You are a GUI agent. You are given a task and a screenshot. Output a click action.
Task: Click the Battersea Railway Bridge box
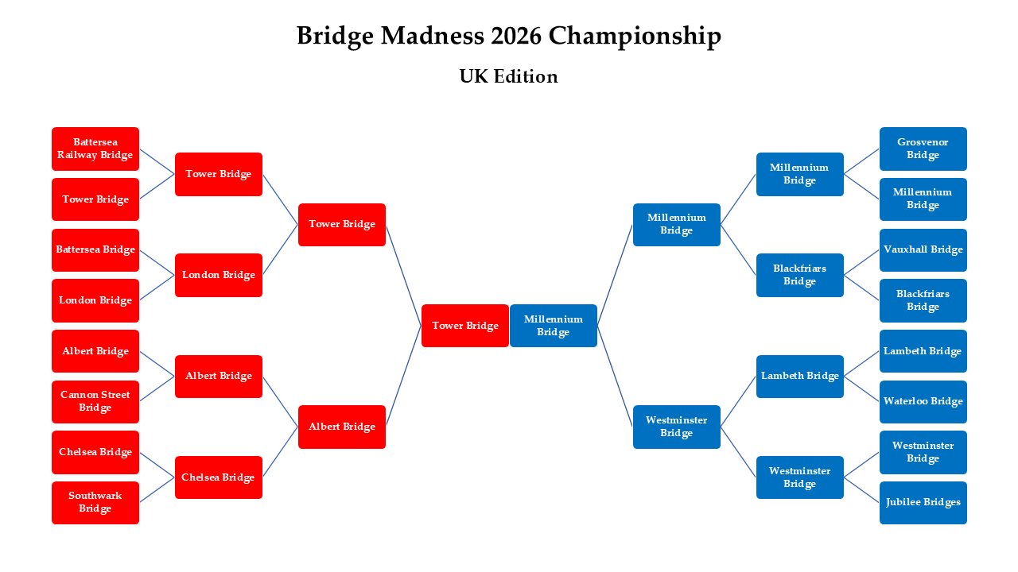tap(95, 149)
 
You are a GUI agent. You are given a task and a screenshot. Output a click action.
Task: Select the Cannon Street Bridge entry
tap(95, 401)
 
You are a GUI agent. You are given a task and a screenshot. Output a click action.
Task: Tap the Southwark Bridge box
tap(95, 502)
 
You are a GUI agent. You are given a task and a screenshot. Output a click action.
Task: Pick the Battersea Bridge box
tap(95, 249)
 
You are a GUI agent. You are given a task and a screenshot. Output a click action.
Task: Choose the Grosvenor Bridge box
tap(923, 149)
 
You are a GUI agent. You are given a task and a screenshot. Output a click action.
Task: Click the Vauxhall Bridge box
tap(923, 249)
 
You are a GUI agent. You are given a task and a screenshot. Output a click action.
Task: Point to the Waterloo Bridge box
tap(923, 401)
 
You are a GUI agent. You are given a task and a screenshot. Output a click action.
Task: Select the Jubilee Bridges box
tap(923, 502)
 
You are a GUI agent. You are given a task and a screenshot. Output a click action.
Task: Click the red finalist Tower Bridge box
tap(465, 326)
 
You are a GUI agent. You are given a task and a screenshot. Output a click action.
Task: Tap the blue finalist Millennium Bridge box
tap(553, 326)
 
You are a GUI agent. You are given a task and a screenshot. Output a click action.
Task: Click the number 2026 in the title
tap(516, 36)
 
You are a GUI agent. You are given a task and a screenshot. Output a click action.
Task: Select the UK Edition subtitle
tap(508, 76)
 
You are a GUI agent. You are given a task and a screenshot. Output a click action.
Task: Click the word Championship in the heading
tap(635, 36)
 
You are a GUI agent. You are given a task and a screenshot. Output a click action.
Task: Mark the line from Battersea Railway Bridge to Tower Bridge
tap(157, 161)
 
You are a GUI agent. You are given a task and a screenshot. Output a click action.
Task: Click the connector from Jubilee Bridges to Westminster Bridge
tap(861, 489)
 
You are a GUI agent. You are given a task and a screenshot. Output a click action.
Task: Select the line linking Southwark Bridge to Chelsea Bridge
tap(157, 489)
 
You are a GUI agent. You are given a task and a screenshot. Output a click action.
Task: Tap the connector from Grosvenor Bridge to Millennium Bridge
tap(861, 161)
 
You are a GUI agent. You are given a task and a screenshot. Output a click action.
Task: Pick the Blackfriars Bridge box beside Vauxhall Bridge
tap(923, 300)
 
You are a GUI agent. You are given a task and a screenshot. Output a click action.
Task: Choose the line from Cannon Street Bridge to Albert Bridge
tap(157, 388)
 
